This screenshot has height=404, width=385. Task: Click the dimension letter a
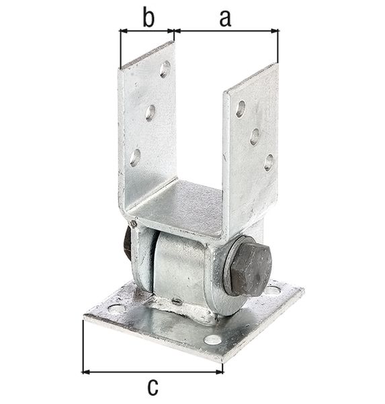(225, 20)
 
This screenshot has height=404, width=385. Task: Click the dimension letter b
(148, 18)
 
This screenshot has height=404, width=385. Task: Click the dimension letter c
(153, 388)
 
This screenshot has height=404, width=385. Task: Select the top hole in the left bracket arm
(165, 69)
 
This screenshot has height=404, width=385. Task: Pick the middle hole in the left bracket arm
(151, 113)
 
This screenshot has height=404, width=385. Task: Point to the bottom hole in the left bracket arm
(135, 158)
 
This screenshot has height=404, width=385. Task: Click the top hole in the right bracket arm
(241, 109)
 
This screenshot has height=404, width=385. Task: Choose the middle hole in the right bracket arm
(255, 136)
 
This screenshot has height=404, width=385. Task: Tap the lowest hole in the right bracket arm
(269, 163)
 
